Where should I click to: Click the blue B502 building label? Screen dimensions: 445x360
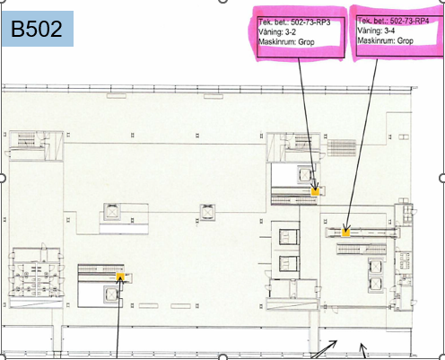coord(38,29)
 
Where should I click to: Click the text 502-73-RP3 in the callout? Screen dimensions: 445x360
coord(310,22)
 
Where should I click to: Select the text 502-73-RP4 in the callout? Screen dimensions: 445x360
coord(409,21)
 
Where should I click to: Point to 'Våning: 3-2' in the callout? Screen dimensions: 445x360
coord(277,31)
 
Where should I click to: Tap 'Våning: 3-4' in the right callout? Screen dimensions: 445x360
coord(376,31)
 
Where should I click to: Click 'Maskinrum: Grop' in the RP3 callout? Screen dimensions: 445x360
coord(286,41)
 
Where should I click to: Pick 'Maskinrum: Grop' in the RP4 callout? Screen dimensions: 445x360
coord(386,40)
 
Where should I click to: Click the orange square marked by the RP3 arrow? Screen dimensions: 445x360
coord(315,191)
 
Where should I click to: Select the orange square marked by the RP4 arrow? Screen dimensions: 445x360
coord(345,233)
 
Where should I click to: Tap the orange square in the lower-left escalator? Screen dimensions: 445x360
coord(120,277)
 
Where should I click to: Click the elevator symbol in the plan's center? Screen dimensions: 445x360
coord(207,212)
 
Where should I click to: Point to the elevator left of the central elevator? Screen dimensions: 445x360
coord(112,212)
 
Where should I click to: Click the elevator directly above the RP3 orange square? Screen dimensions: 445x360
coord(304,174)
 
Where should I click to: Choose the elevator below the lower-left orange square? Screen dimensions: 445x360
coord(111,294)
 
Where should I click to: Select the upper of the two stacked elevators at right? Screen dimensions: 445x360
coord(375,267)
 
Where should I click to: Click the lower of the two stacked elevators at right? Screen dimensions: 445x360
coord(375,284)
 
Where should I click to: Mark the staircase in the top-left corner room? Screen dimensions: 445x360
coord(27,140)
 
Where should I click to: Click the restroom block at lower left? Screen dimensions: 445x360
coord(36,272)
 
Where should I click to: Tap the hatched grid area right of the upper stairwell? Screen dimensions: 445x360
coord(342,148)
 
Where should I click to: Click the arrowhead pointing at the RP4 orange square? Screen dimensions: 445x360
coord(346,226)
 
